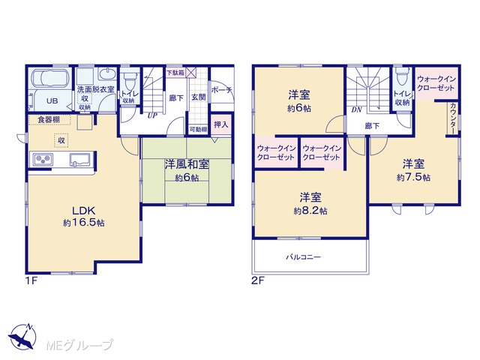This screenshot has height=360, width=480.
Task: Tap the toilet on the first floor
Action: (x=130, y=80)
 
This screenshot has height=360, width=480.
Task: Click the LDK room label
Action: (x=83, y=210)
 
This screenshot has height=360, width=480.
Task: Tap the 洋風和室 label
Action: (x=187, y=164)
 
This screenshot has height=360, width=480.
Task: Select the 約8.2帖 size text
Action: (x=310, y=211)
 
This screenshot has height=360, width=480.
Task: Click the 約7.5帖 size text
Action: (x=413, y=178)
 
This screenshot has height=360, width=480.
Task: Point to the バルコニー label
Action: (x=303, y=256)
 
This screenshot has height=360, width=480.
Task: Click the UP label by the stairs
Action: (x=152, y=115)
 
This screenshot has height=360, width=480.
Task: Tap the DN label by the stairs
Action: (x=357, y=109)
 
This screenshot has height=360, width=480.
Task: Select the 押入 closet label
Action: (x=221, y=124)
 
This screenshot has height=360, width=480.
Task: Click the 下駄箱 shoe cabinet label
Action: (x=175, y=73)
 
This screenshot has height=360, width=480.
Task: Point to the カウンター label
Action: (x=453, y=118)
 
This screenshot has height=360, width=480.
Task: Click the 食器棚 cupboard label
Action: (x=49, y=119)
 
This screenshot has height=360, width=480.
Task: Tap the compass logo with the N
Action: (x=22, y=337)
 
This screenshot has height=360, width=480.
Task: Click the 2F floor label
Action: (x=258, y=280)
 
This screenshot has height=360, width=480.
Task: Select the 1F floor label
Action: (x=31, y=280)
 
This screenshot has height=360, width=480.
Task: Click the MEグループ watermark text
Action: (x=79, y=345)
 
